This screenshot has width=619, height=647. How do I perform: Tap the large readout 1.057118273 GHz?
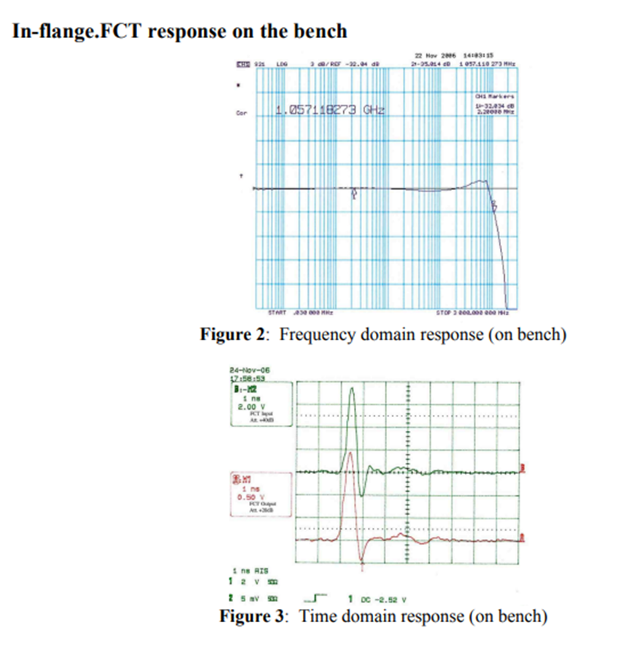tap(330, 110)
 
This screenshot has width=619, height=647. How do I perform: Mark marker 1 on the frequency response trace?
tap(355, 194)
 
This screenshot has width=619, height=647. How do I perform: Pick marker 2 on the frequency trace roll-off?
tap(494, 205)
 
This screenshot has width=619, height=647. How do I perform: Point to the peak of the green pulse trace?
tap(353, 389)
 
